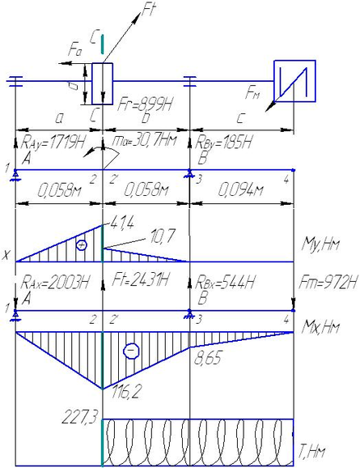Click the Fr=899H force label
[x=145, y=104]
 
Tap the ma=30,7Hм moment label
[x=144, y=140]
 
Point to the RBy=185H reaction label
[x=222, y=142]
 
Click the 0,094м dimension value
[x=240, y=189]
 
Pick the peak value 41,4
[x=122, y=222]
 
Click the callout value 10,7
[x=162, y=236]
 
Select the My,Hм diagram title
[x=320, y=245]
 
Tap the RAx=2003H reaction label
[x=54, y=282]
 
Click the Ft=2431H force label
[x=140, y=279]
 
